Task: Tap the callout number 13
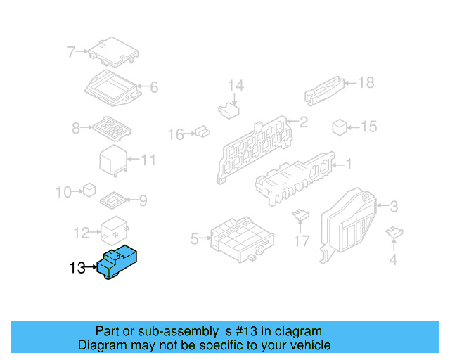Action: point(77,268)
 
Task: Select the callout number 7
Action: point(71,51)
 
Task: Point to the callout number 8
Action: point(76,128)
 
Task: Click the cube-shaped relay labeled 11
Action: point(112,161)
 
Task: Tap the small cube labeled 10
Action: point(89,189)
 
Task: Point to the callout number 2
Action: point(303,122)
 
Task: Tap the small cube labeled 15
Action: point(340,127)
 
